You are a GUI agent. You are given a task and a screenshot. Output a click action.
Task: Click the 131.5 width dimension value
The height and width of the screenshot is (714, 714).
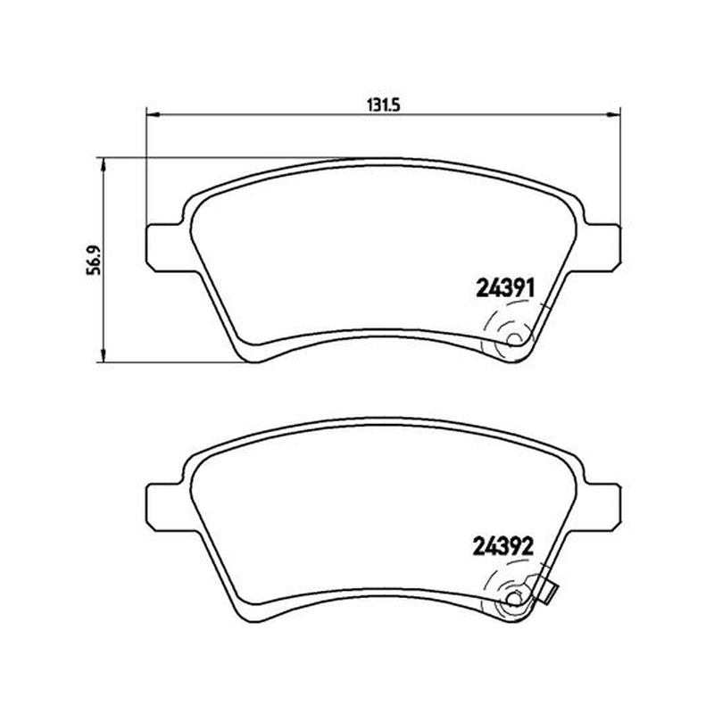[383, 104]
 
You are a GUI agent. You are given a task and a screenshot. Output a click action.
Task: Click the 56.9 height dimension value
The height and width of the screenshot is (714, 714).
[95, 261]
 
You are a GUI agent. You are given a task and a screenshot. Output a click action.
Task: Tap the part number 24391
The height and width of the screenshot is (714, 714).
[504, 287]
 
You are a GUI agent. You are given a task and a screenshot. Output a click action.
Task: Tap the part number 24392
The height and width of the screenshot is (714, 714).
[503, 546]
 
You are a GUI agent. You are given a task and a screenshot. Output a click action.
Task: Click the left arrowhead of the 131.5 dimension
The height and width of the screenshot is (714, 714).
[152, 115]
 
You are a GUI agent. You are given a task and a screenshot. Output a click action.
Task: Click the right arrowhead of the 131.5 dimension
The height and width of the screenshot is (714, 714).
[614, 115]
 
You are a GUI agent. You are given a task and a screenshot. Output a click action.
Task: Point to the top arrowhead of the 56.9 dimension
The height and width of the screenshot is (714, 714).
[104, 164]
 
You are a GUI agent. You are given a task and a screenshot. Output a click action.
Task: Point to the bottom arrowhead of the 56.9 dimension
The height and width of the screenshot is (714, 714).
[104, 356]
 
